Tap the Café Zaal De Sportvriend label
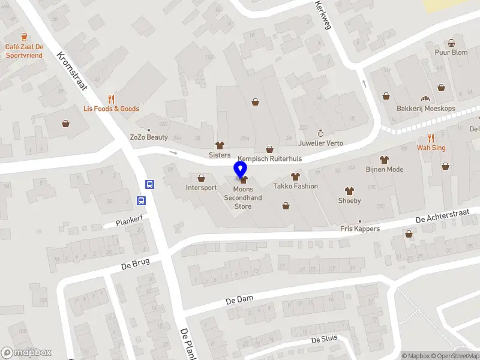pos(25,51)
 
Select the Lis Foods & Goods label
pos(111,109)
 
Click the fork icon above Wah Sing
pos(431,137)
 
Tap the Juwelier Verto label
pos(321,143)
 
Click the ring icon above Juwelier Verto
pos(320,133)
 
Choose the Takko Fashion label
pos(295,186)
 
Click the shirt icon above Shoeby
pos(349,190)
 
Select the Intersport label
pos(201,187)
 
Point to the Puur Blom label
pos(451,52)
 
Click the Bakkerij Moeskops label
pos(426,109)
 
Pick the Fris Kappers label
pos(360,229)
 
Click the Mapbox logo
pos(26,353)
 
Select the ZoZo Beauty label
pos(149,137)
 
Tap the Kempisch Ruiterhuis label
pos(269,159)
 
